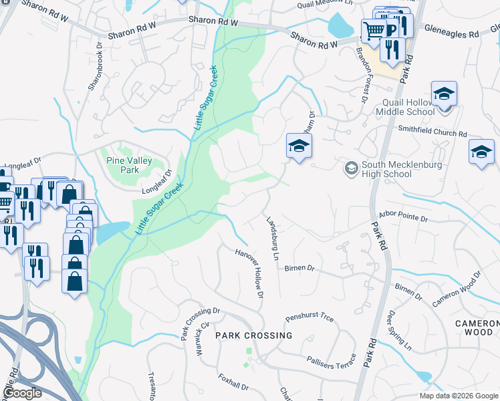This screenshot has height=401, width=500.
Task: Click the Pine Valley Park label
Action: click(x=130, y=165)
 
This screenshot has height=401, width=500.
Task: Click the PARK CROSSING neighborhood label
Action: click(x=254, y=336)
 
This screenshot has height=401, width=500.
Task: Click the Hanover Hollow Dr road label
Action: click(x=250, y=274)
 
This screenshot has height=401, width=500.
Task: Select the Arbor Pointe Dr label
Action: click(x=404, y=217)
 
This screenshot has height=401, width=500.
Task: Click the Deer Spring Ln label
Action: click(x=400, y=330)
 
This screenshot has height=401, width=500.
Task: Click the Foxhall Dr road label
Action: click(x=233, y=382)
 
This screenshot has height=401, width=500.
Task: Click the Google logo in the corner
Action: click(x=22, y=393)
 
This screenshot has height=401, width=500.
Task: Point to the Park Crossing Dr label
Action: click(x=200, y=321)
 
